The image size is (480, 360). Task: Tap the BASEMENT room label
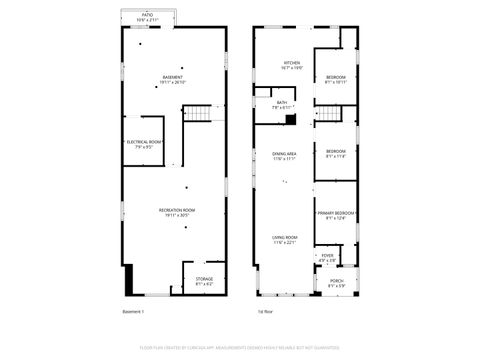(174, 76)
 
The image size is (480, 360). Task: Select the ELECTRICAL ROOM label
(144, 141)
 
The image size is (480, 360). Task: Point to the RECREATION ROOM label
(176, 209)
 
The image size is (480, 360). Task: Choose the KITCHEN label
(291, 62)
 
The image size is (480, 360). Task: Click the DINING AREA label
(284, 153)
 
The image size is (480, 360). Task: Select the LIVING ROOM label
(284, 236)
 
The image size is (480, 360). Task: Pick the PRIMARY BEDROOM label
(337, 213)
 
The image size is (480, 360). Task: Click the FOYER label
(327, 255)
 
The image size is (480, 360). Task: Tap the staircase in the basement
(201, 113)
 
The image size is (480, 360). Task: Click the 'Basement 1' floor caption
(133, 313)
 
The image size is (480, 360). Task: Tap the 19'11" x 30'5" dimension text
(176, 215)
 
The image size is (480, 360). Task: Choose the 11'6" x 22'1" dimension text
(284, 242)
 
